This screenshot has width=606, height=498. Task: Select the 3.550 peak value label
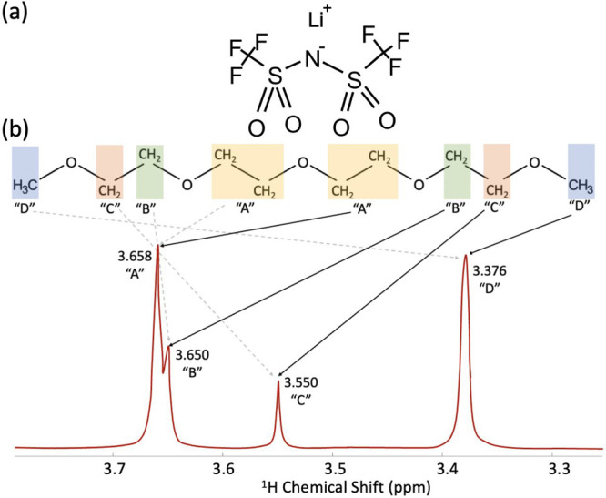click(x=302, y=384)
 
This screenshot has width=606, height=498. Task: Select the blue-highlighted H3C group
click(x=25, y=186)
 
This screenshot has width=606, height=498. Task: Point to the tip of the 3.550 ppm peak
click(x=278, y=381)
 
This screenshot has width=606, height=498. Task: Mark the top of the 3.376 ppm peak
click(x=466, y=256)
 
